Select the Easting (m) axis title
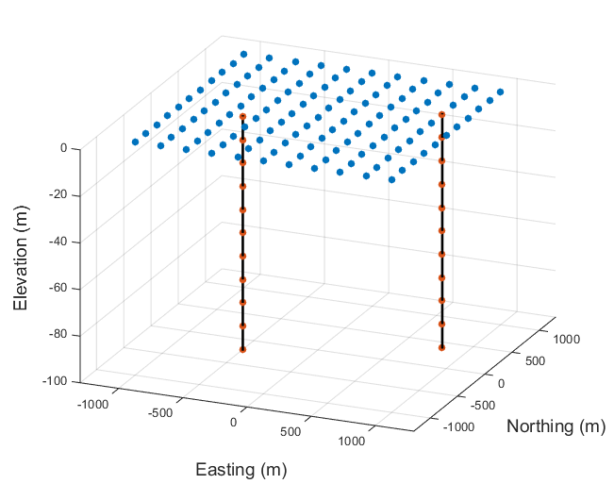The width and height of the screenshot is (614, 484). coord(241,469)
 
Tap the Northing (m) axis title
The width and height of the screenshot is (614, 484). coord(556,426)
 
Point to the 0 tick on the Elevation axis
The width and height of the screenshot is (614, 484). coord(63,148)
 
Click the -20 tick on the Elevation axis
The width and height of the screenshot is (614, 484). coord(58,194)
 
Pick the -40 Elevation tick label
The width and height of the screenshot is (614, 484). coord(58,242)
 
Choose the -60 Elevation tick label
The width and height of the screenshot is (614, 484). coord(58,288)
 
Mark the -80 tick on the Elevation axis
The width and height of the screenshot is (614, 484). coord(58,334)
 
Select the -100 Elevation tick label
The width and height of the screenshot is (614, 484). coord(56,381)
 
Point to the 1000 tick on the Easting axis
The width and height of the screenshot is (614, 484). coord(351,441)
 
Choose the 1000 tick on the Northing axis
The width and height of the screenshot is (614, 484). coord(565,337)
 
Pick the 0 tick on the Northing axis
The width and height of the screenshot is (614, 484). coord(501,383)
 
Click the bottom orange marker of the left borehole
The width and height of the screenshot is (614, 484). coord(242,350)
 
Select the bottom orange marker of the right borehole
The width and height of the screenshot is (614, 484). coord(441,347)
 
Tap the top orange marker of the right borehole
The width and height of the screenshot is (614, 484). coord(441,115)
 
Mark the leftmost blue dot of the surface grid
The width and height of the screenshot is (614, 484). coord(135,142)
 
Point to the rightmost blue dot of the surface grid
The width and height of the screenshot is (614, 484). coord(501,92)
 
